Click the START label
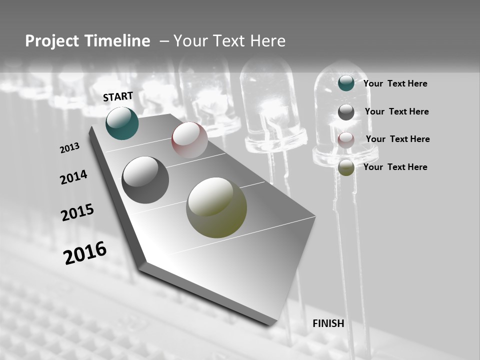(118, 96)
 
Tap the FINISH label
(328, 323)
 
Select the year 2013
(69, 148)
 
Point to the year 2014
(73, 177)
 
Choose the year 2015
(77, 212)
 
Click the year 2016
(85, 253)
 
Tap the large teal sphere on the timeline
(122, 123)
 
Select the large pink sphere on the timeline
(189, 140)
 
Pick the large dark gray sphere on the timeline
(145, 180)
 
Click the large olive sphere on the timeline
(216, 207)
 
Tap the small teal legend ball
(346, 83)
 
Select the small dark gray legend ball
(346, 112)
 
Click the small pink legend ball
(346, 140)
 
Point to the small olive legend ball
(346, 167)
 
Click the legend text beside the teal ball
(395, 83)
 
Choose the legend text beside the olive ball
(395, 167)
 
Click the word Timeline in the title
(117, 41)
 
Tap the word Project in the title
(51, 41)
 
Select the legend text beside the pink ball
(397, 139)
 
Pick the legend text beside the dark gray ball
(396, 111)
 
